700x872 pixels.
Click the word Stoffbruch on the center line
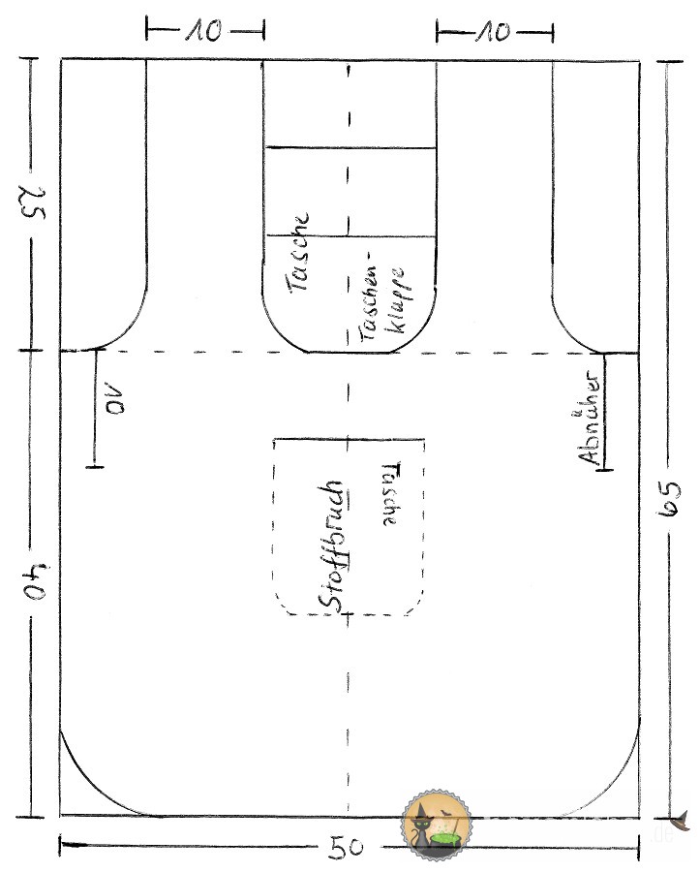click(333, 547)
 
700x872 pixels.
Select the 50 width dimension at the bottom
click(346, 847)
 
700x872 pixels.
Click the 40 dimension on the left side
click(36, 582)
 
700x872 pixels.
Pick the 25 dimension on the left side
click(33, 202)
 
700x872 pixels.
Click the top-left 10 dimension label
click(204, 31)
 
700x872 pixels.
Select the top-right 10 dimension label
click(494, 32)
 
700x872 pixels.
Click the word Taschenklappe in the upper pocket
click(381, 296)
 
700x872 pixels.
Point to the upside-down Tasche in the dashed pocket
click(390, 494)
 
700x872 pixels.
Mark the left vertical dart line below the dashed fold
click(95, 408)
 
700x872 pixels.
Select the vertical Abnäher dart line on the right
click(605, 412)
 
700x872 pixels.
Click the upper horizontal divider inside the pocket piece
click(350, 148)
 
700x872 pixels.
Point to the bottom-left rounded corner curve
click(106, 777)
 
